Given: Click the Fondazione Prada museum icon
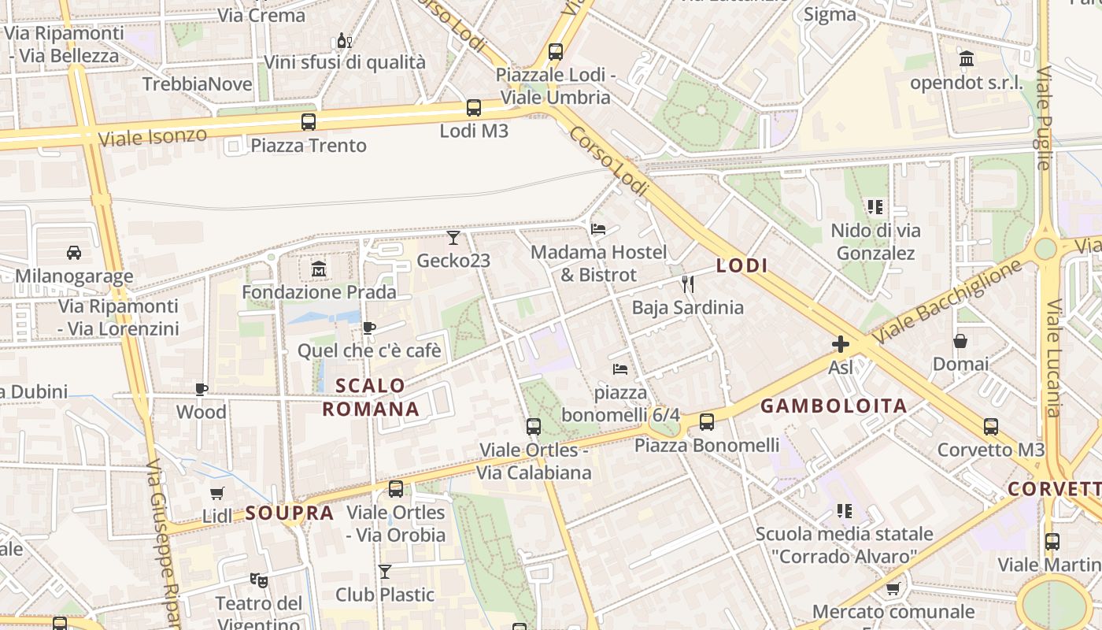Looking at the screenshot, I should [319, 270].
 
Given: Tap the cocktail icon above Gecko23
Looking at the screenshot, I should [453, 237].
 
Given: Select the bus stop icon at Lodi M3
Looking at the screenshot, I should [474, 108].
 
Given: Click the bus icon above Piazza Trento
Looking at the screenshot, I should [309, 122].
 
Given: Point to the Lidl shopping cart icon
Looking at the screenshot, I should [217, 493].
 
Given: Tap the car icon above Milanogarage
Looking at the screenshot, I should [74, 253].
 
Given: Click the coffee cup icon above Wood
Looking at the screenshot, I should [202, 389].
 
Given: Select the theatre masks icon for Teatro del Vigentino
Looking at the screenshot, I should [258, 580].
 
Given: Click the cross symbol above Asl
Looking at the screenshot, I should [841, 344].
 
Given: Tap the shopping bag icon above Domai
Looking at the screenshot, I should [960, 341].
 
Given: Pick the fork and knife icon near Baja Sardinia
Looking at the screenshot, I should [688, 284].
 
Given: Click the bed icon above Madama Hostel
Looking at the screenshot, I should [598, 229].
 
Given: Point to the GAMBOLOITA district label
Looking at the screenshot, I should [834, 406].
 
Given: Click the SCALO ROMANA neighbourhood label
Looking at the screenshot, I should [371, 398].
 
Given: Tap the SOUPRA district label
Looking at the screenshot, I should [290, 513].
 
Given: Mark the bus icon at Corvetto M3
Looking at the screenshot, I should [991, 427].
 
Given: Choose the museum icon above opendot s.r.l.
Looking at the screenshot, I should [967, 59].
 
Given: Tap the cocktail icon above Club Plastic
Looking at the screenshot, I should [385, 571].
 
